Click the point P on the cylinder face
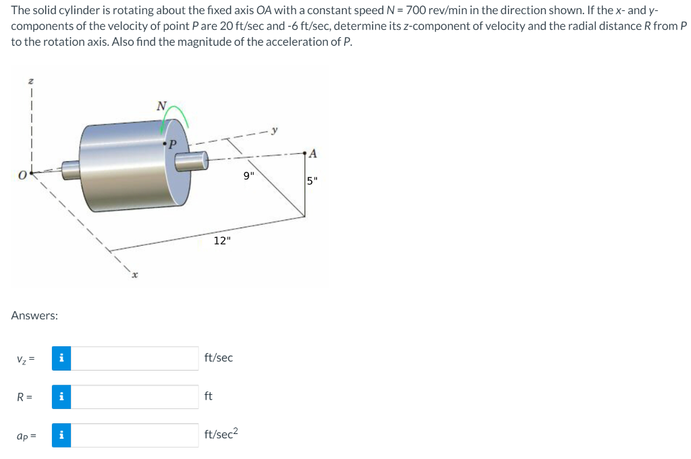coord(165,143)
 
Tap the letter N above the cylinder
coord(161,105)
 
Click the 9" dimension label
coord(249,178)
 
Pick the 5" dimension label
coord(311,181)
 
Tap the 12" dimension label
coord(222,241)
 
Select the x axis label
coord(134,275)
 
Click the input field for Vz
coord(135,358)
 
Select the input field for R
coord(135,397)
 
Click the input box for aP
coord(135,435)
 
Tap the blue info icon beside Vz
coord(61,358)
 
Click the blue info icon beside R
coord(61,397)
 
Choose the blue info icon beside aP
coord(61,435)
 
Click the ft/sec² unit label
coord(220,434)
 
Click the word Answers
coord(34,315)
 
